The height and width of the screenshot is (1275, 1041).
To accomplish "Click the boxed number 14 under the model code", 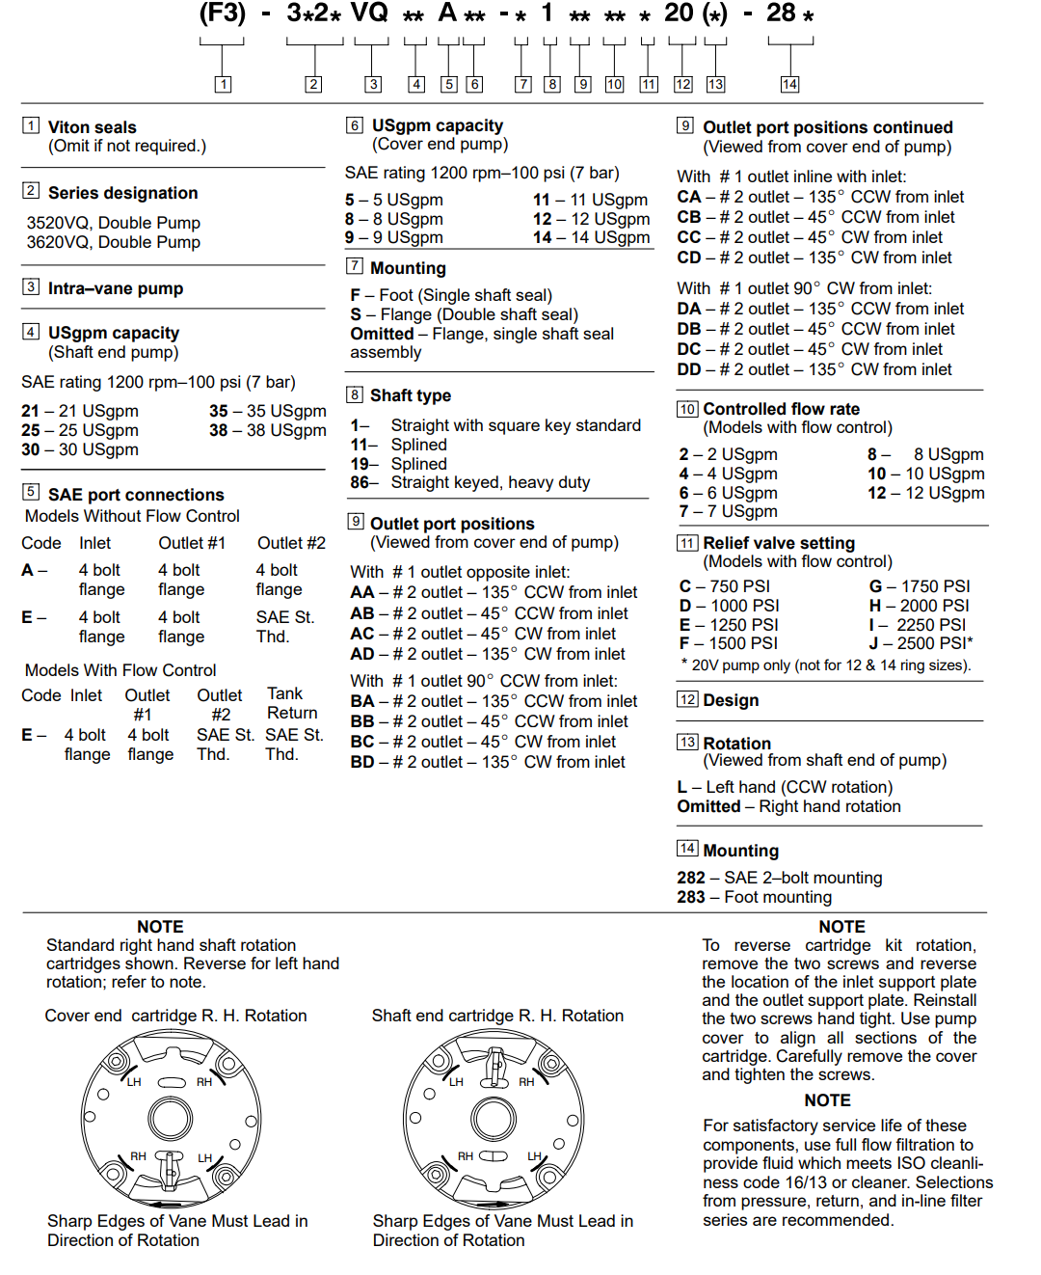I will pyautogui.click(x=789, y=85).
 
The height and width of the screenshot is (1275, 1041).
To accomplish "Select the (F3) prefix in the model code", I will pyautogui.click(x=223, y=14).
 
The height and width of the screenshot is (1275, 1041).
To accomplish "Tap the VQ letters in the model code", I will pyautogui.click(x=369, y=14).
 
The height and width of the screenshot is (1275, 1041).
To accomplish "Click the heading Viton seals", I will pyautogui.click(x=93, y=127).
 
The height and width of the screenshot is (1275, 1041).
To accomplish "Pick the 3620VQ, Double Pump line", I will pyautogui.click(x=114, y=242).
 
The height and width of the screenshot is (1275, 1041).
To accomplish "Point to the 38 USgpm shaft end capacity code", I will pyautogui.click(x=268, y=430).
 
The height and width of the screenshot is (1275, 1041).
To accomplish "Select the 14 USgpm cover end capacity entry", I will pyautogui.click(x=591, y=237).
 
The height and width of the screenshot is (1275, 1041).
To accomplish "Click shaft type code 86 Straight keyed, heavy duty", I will pyautogui.click(x=470, y=482).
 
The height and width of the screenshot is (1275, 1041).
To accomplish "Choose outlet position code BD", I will pyautogui.click(x=488, y=762).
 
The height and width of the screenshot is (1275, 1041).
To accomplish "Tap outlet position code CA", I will pyautogui.click(x=820, y=197).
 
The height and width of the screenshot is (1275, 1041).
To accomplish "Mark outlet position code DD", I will pyautogui.click(x=814, y=369).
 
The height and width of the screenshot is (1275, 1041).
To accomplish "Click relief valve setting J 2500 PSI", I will pyautogui.click(x=921, y=643).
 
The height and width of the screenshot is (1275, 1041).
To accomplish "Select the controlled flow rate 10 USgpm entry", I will pyautogui.click(x=925, y=474).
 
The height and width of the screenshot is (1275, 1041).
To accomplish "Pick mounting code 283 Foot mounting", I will pyautogui.click(x=754, y=897).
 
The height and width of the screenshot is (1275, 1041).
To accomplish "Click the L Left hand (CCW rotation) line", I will pyautogui.click(x=785, y=787).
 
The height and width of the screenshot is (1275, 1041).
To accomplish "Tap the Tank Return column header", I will pyautogui.click(x=291, y=703).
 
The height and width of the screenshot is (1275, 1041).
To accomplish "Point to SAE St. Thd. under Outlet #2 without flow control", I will pyautogui.click(x=284, y=627).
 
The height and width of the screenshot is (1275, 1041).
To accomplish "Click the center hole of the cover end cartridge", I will pyautogui.click(x=171, y=1119).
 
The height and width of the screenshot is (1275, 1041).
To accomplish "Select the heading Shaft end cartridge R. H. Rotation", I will pyautogui.click(x=497, y=1016).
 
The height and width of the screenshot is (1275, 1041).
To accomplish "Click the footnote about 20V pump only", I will pyautogui.click(x=826, y=665).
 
